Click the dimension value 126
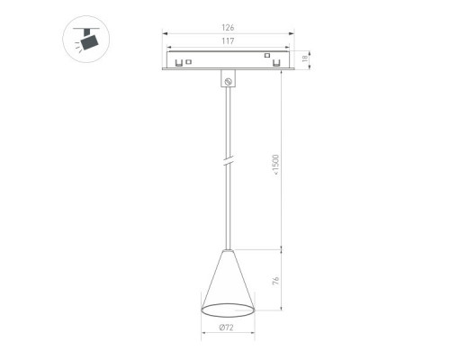(x=228, y=28)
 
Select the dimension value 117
(x=228, y=41)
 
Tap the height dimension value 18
(x=305, y=58)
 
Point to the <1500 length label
(x=275, y=165)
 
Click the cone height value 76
(x=275, y=281)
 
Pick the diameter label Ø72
(x=226, y=328)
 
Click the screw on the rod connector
(x=228, y=81)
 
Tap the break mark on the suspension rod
(x=228, y=160)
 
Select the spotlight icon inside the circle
(x=86, y=40)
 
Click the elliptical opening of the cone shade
(x=228, y=310)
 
